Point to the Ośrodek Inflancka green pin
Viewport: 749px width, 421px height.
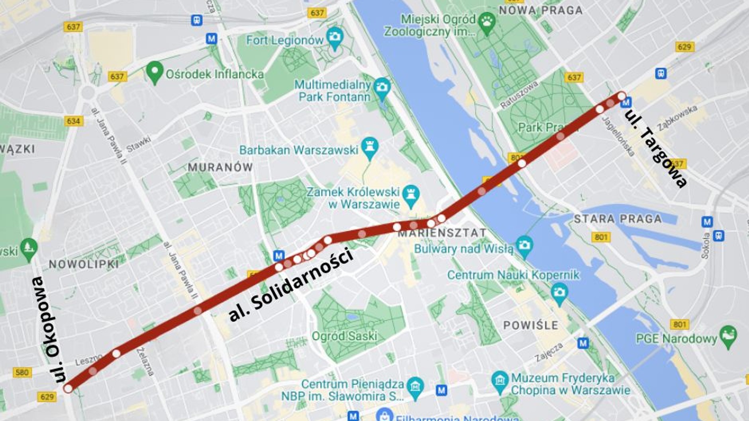point(155,72)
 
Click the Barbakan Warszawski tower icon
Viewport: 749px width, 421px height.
point(370,148)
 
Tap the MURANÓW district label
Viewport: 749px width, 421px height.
point(220,167)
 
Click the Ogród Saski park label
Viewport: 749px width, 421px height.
point(344,336)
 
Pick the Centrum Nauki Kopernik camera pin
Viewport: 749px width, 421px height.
point(559,292)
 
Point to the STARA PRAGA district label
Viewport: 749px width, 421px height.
point(618,219)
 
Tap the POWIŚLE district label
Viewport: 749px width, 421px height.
point(531,325)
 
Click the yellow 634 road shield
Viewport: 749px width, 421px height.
point(74,121)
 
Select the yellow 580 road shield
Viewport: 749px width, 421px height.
point(22,372)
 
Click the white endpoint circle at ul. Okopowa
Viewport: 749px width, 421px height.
point(68,388)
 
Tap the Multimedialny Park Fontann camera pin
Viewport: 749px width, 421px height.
point(382,88)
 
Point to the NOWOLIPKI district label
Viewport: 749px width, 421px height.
point(84,264)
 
